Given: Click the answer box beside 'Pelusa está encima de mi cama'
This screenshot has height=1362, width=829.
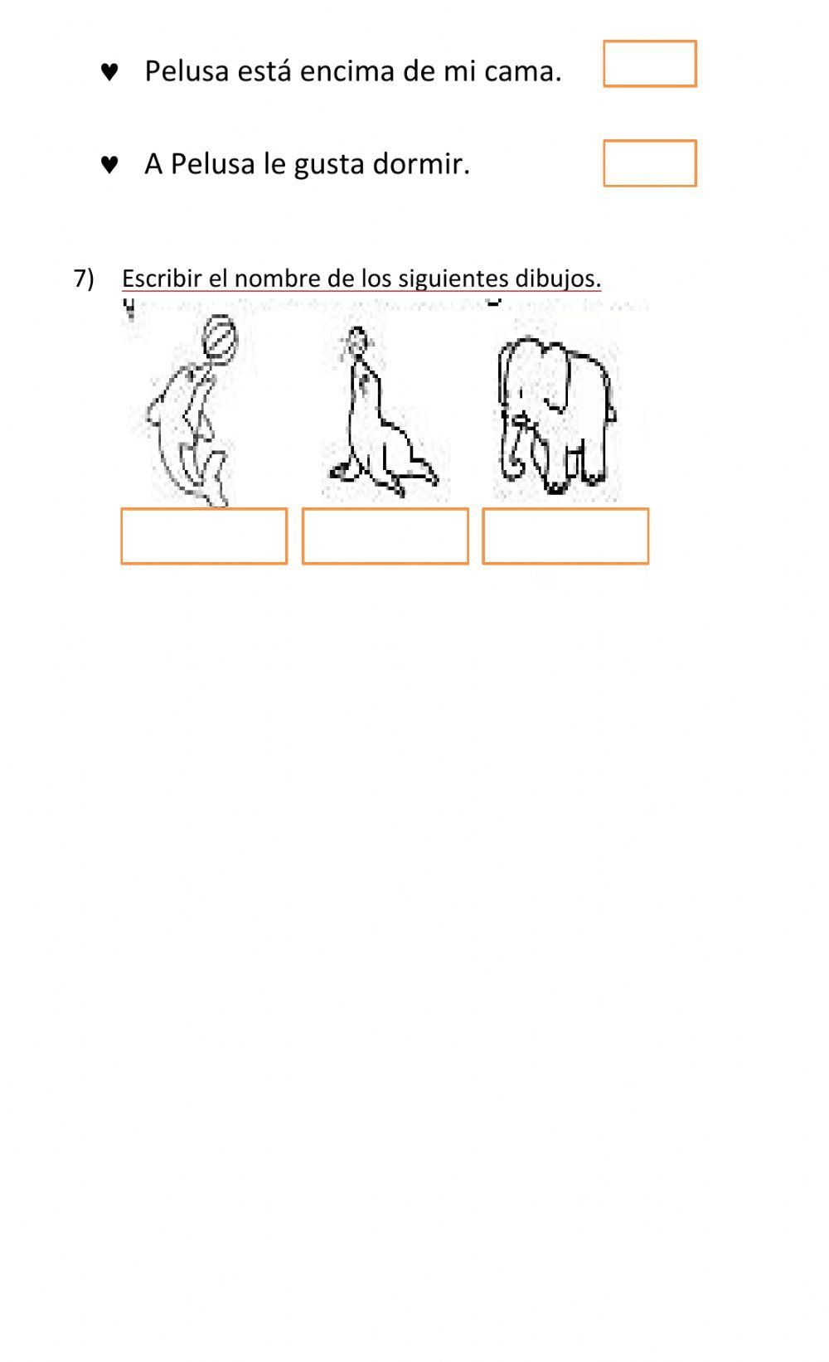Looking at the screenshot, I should point(649,64).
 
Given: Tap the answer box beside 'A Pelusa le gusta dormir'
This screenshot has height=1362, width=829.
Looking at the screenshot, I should point(649,163).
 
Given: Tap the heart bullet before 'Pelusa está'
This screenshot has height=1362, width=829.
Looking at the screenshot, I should point(109,72).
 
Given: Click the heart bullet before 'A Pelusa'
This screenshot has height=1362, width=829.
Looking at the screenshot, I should point(109,165).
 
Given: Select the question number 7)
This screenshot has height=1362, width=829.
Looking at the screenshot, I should point(84,279).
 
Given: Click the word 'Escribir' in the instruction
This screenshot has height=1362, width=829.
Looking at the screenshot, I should point(162,279).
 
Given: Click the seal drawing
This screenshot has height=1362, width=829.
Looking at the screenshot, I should point(377,423).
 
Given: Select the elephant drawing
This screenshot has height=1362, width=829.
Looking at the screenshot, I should point(555,410).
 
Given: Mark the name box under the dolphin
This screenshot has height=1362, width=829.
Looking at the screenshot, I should point(204,536).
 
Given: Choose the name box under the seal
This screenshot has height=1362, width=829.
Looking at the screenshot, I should point(385,536).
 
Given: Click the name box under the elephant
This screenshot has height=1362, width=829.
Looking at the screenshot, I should point(565,536).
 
